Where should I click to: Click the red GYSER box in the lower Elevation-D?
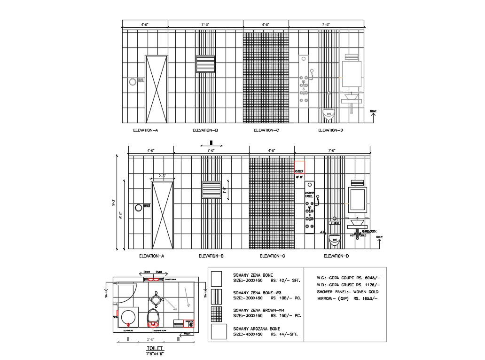coord(299,167)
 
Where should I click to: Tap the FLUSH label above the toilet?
coord(335,223)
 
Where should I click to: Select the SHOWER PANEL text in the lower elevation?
coord(309,194)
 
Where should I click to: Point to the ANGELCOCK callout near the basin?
coord(369,231)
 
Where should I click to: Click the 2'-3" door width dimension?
coord(163,176)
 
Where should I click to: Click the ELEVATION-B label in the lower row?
coord(211,256)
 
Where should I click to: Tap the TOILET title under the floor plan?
coord(154,348)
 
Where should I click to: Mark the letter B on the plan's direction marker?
coord(156,294)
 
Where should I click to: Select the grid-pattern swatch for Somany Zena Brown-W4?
coord(217,313)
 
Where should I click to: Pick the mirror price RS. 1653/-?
coord(366,298)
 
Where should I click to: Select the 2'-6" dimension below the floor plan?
coord(151,339)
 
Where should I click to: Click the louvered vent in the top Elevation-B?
coord(205,64)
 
